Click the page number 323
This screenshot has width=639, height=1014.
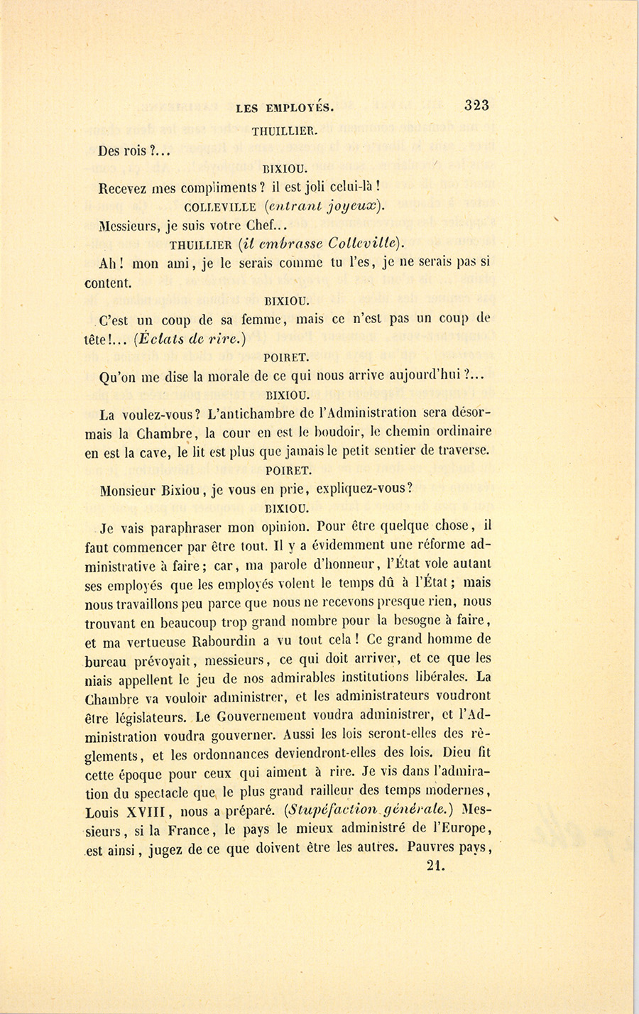click(x=476, y=105)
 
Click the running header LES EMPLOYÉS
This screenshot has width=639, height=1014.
click(x=284, y=109)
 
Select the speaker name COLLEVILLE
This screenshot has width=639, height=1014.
click(x=219, y=207)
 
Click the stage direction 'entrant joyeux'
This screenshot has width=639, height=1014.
click(x=323, y=207)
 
